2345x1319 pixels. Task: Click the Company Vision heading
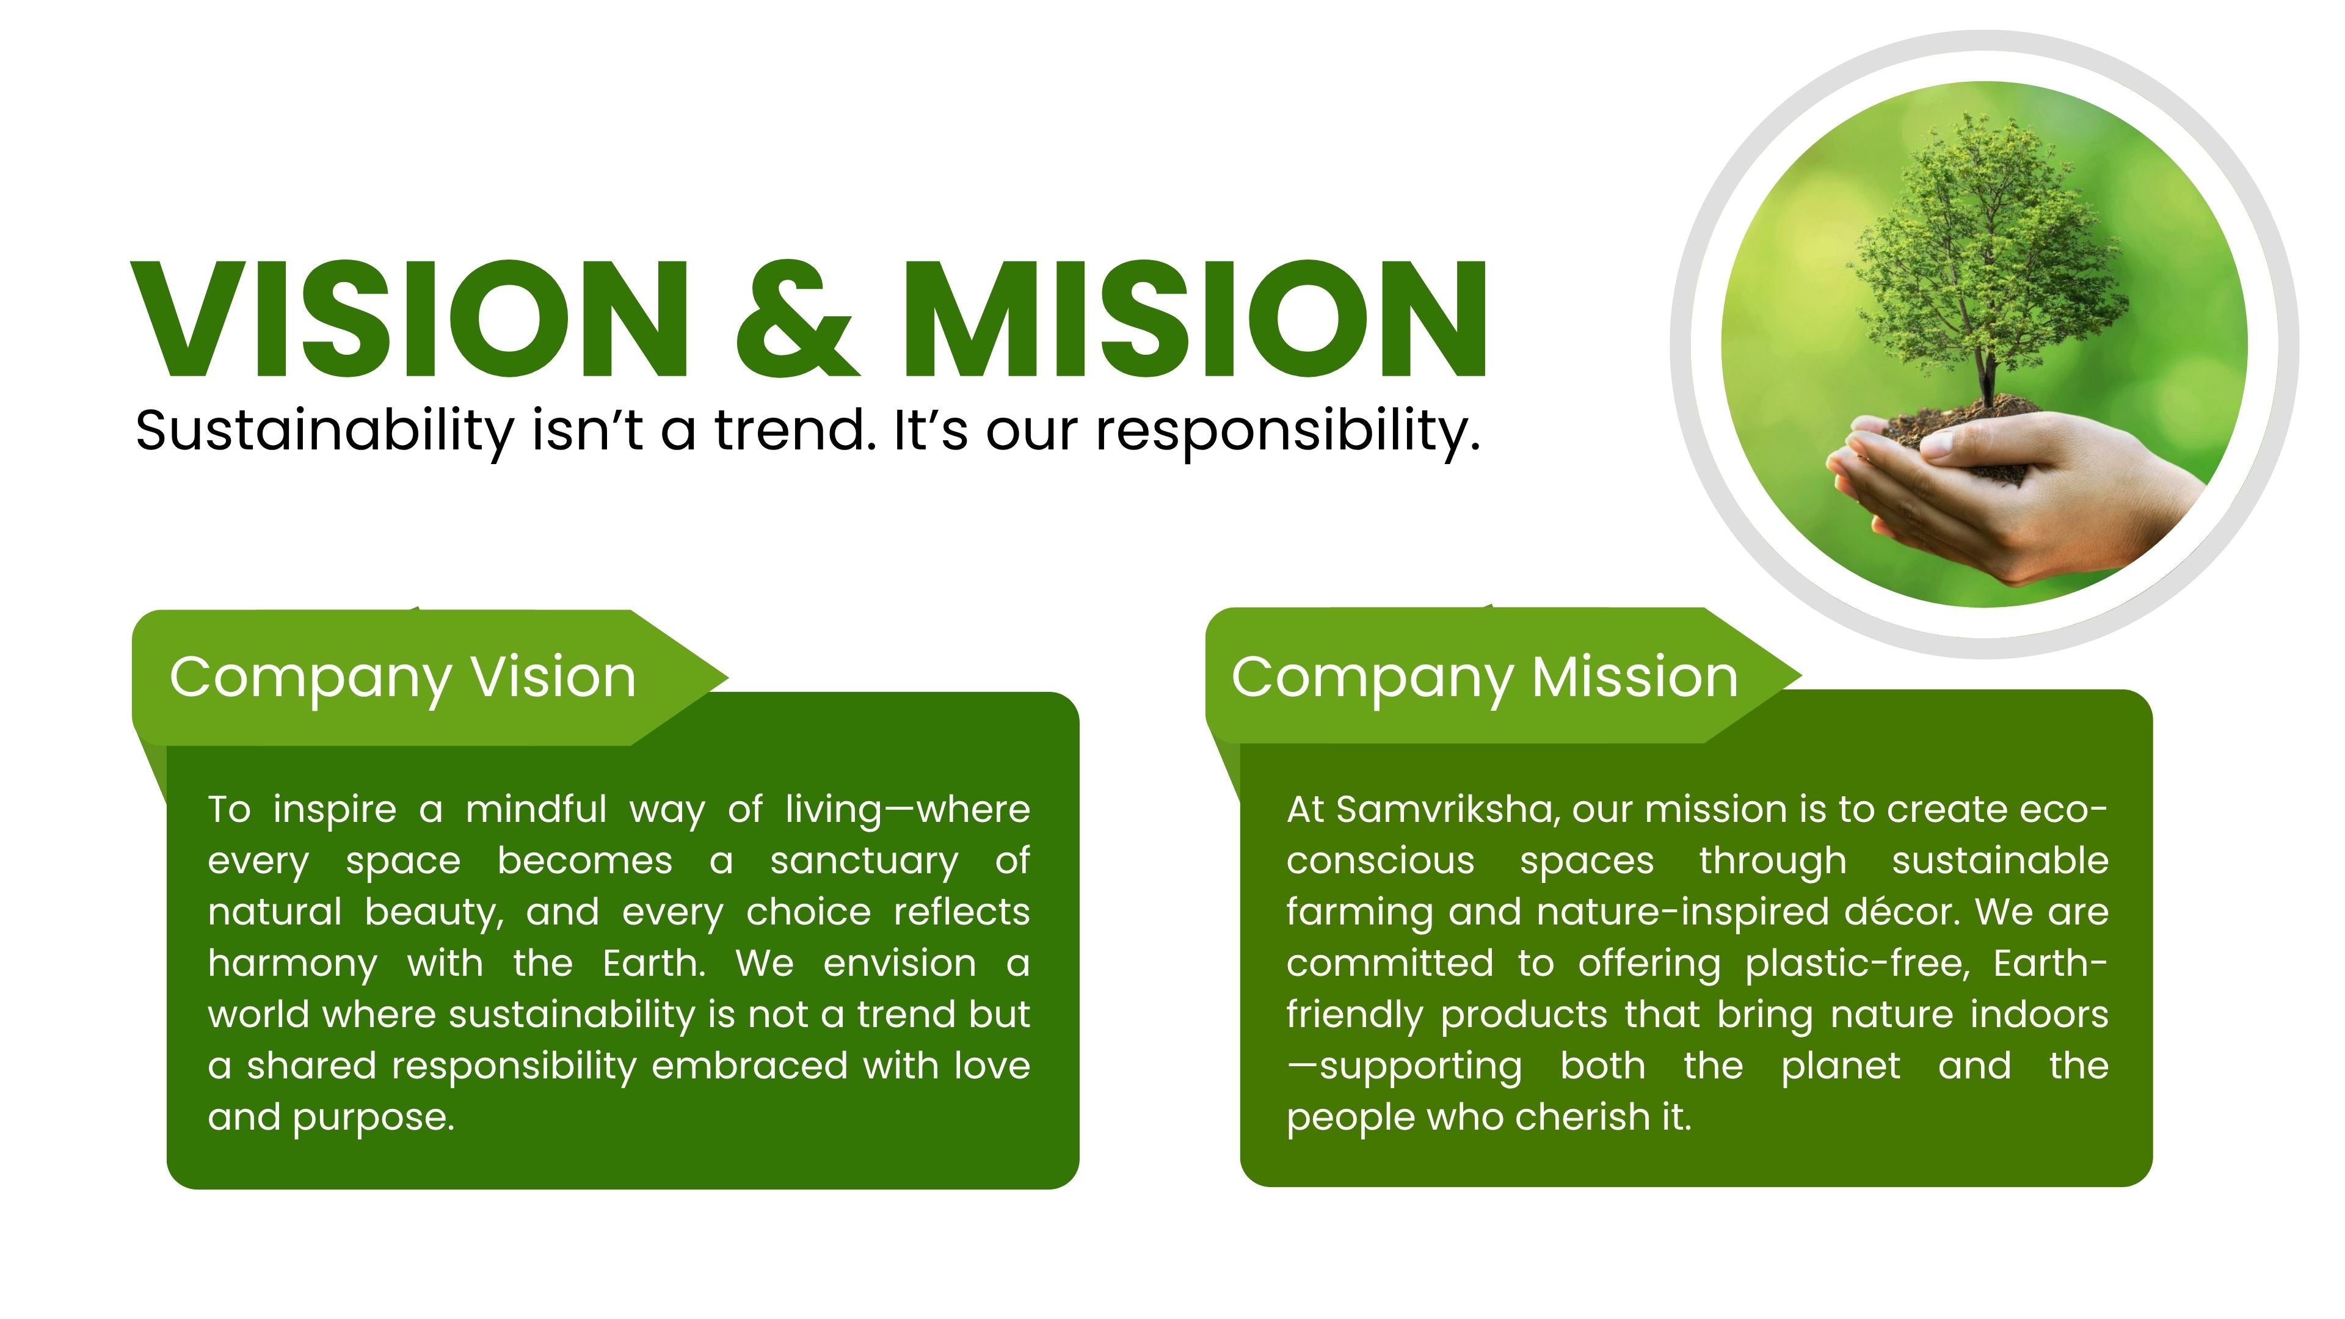(402, 678)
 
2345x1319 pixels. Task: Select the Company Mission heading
(1485, 678)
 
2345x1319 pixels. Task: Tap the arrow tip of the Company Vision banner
(729, 677)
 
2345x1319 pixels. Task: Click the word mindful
(536, 809)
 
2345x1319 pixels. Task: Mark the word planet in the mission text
(1841, 1067)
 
